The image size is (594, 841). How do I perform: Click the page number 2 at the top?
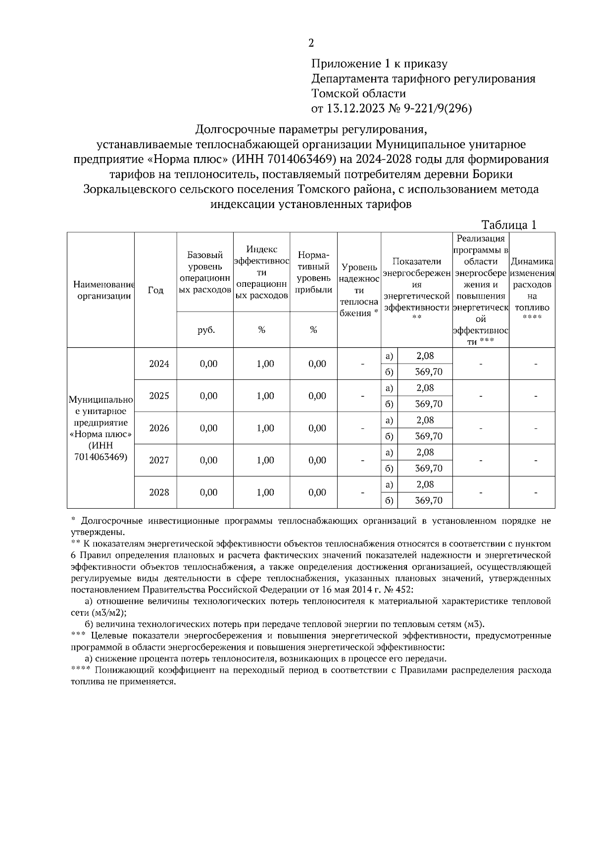(311, 43)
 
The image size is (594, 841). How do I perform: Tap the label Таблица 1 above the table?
(509, 225)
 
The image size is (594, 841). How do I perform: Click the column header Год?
(155, 290)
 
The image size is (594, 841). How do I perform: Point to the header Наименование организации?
(101, 290)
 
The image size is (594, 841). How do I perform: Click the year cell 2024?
(159, 364)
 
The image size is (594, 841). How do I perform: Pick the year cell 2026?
(159, 428)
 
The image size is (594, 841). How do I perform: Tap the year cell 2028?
(159, 492)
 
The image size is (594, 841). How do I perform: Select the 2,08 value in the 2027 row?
(425, 452)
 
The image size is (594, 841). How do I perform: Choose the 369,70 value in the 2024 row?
(429, 371)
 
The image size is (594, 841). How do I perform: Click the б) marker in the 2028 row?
(389, 500)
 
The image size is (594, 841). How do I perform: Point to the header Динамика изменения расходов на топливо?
(532, 290)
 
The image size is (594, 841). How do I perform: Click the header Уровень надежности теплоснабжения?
(359, 290)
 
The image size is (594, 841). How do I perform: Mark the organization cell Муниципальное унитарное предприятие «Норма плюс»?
(100, 428)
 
